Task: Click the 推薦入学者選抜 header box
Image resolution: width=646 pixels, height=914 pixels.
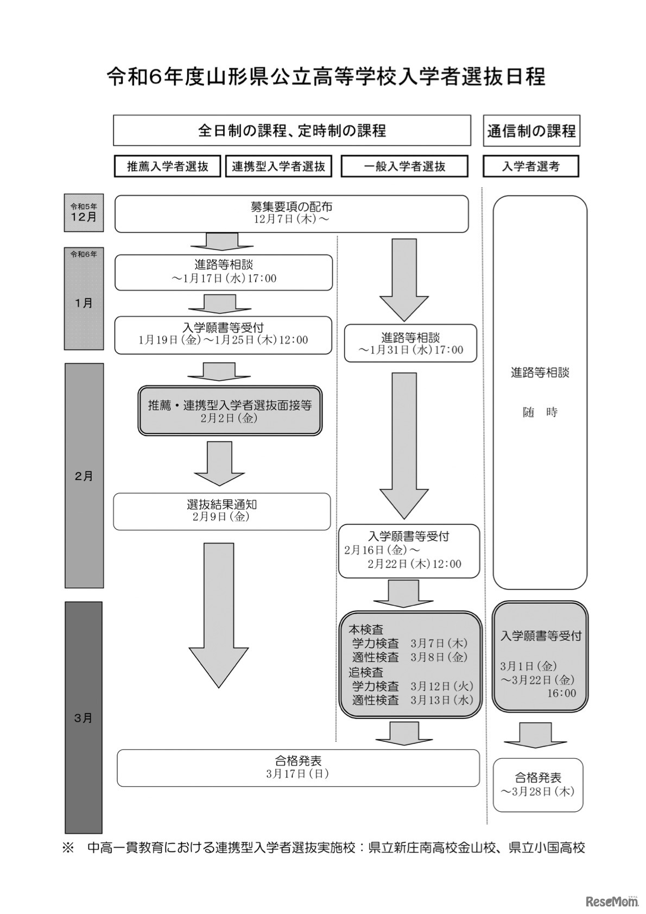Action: (x=168, y=167)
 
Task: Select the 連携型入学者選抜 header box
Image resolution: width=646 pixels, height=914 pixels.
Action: (x=278, y=167)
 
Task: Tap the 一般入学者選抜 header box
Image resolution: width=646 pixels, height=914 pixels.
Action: (x=404, y=167)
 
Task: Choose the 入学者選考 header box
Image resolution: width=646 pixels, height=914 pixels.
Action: (x=530, y=167)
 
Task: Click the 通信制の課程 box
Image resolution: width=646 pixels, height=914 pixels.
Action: (x=531, y=131)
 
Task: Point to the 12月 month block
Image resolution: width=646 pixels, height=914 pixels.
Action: (x=84, y=213)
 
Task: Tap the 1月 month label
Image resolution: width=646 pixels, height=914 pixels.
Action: (x=84, y=303)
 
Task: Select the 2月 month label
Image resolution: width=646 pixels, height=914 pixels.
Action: (x=84, y=476)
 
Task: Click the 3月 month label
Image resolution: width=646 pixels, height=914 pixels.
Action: (x=84, y=718)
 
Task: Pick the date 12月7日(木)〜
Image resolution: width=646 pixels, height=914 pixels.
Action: (x=291, y=219)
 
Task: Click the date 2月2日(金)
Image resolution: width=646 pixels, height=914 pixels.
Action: (x=229, y=418)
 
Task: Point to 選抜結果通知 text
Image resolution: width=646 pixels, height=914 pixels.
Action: (x=221, y=504)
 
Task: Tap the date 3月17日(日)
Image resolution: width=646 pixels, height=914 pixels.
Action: (x=297, y=774)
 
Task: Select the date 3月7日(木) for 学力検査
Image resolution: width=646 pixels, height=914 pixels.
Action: (x=439, y=644)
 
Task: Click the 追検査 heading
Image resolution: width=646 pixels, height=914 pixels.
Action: (x=366, y=672)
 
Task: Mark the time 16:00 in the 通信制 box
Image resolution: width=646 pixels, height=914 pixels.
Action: (x=561, y=693)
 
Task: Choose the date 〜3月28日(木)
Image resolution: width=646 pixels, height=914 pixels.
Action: (x=537, y=791)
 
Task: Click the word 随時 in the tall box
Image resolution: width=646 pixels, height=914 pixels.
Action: (x=540, y=412)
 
